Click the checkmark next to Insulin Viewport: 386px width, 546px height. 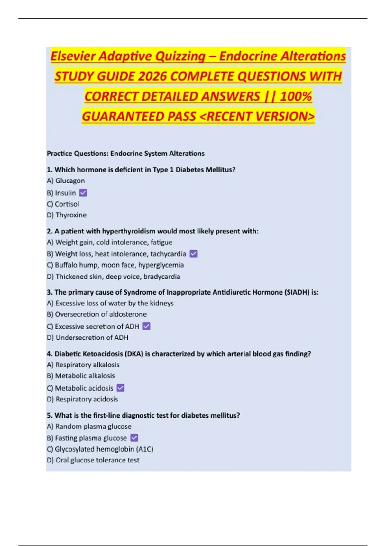(x=83, y=193)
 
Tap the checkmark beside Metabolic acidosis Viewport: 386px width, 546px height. (x=120, y=388)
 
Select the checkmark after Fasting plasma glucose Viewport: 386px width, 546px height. (x=134, y=438)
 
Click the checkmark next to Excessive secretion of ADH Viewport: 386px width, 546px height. (x=146, y=326)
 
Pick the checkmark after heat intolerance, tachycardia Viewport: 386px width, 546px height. (x=193, y=254)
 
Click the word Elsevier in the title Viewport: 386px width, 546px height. (x=73, y=56)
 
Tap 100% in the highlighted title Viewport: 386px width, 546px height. (x=296, y=96)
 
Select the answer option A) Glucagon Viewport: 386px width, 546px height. (x=66, y=181)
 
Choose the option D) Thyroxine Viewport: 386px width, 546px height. (x=67, y=215)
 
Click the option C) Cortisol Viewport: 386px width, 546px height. (x=63, y=204)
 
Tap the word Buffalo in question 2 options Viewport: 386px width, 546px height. (x=68, y=265)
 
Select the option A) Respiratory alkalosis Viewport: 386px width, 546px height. (x=83, y=365)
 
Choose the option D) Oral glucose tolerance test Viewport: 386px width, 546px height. (x=93, y=460)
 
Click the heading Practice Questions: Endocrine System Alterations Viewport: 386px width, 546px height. (x=125, y=154)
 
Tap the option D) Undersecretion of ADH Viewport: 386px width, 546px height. (x=87, y=338)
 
